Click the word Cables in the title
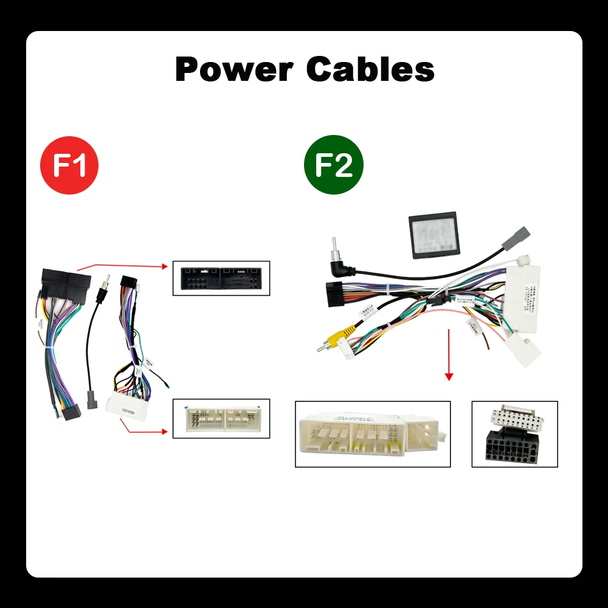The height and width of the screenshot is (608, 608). point(370,69)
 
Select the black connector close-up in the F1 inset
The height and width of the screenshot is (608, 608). point(221,278)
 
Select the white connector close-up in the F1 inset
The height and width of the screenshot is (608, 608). point(221,418)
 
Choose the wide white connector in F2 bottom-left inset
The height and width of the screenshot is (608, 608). point(372,434)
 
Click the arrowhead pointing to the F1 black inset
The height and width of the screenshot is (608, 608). point(164,266)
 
